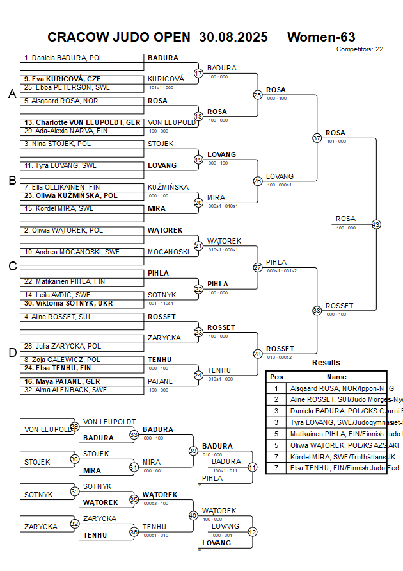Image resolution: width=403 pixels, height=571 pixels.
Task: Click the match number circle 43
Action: (376, 224)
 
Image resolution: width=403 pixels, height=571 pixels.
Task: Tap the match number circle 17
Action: (198, 73)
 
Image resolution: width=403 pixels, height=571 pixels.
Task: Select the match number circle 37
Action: (317, 138)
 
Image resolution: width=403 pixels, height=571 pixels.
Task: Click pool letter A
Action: (12, 94)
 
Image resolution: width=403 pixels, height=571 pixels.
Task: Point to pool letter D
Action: (12, 352)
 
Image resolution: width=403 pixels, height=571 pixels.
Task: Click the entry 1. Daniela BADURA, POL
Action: (64, 58)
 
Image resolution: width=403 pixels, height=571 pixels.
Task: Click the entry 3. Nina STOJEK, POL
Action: (58, 144)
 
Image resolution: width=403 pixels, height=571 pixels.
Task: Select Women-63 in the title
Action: (321, 37)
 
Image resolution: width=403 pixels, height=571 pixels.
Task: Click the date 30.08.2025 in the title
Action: (233, 37)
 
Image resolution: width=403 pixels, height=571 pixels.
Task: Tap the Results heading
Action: (326, 363)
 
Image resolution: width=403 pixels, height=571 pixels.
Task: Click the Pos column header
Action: (276, 377)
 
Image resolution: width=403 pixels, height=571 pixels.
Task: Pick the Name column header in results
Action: (336, 377)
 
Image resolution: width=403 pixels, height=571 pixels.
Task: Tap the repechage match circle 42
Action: (252, 532)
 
